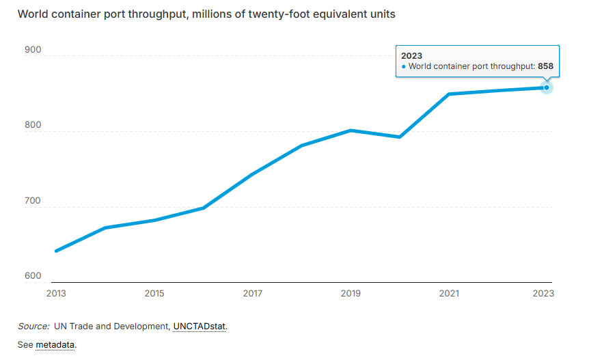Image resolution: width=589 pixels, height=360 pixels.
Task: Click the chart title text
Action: [206, 14]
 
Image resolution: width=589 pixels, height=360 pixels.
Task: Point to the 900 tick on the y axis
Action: [33, 50]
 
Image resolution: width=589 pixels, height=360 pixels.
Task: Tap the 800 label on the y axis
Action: [33, 126]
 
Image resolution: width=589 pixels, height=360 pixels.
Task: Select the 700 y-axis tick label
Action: [33, 202]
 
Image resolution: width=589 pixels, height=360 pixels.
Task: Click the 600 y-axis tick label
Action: [33, 276]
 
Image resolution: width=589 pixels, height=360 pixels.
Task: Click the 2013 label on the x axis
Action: [56, 293]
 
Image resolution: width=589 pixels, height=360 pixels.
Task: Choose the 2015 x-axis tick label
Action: [154, 293]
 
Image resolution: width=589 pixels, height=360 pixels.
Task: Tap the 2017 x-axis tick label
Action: [252, 293]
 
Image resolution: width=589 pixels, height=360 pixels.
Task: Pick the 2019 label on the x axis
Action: [351, 293]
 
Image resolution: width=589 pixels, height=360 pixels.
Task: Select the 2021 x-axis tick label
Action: [448, 293]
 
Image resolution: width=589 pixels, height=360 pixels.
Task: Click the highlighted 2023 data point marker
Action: [547, 87]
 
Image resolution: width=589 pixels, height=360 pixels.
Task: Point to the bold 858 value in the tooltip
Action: [545, 67]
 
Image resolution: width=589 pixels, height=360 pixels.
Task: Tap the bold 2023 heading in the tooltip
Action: [412, 55]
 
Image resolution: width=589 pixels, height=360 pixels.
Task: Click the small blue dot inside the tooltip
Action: [404, 67]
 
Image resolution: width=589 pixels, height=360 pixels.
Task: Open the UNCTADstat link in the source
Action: [199, 327]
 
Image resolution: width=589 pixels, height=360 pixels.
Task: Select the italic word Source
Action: [33, 327]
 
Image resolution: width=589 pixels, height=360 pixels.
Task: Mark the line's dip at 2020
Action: [400, 137]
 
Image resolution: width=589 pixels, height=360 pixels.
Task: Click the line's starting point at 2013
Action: [56, 251]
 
